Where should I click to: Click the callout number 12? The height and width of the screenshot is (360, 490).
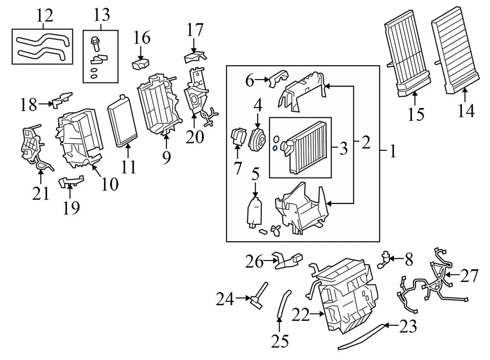pyautogui.click(x=45, y=15)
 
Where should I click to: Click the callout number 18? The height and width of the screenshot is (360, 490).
pyautogui.click(x=29, y=105)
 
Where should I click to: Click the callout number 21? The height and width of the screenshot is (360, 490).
pyautogui.click(x=41, y=193)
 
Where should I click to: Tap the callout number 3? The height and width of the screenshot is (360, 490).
pyautogui.click(x=343, y=149)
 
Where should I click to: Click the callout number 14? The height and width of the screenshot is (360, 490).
pyautogui.click(x=466, y=111)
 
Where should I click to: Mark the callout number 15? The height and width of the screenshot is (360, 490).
pyautogui.click(x=416, y=114)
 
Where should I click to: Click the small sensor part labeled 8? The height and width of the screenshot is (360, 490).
pyautogui.click(x=383, y=259)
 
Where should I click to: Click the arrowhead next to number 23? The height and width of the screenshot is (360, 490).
pyautogui.click(x=386, y=324)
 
